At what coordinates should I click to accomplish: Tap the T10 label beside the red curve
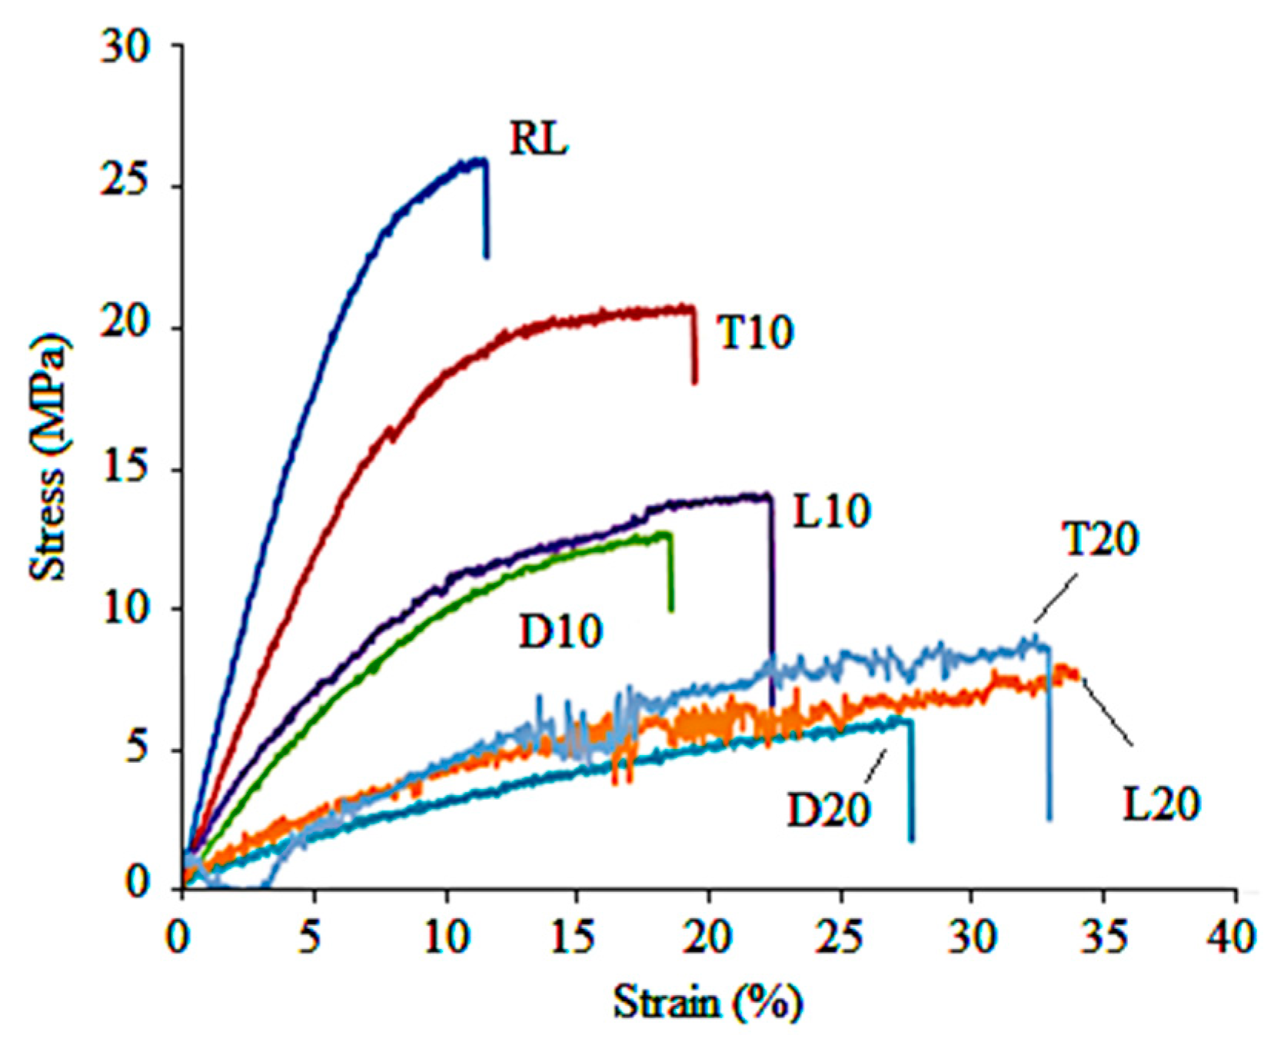pyautogui.click(x=754, y=333)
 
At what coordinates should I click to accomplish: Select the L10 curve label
pyautogui.click(x=831, y=511)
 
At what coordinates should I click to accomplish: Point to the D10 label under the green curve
pyautogui.click(x=560, y=631)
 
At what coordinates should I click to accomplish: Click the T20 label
pyautogui.click(x=1100, y=539)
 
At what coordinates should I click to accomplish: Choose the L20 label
pyautogui.click(x=1161, y=804)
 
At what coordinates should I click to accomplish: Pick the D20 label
pyautogui.click(x=828, y=810)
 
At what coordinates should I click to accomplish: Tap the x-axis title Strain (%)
pyautogui.click(x=707, y=1002)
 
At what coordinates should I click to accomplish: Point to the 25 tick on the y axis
pyautogui.click(x=125, y=187)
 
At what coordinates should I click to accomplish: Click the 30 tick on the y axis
pyautogui.click(x=125, y=48)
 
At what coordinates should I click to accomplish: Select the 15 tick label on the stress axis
pyautogui.click(x=125, y=470)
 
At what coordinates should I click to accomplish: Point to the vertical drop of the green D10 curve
pyautogui.click(x=670, y=577)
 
